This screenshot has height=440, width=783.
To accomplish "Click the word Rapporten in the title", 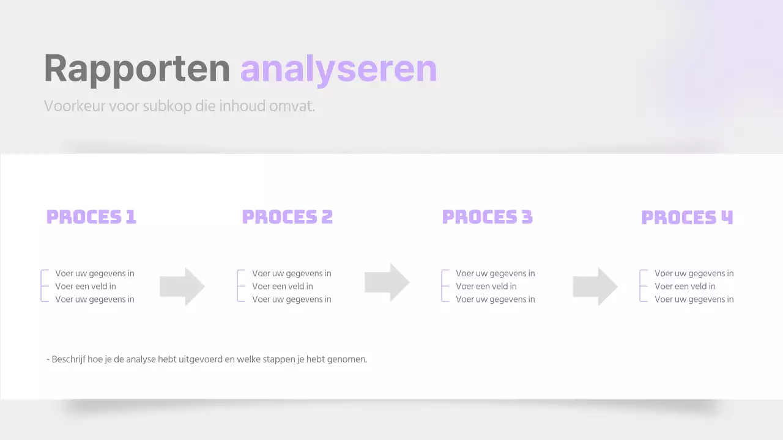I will (136, 68).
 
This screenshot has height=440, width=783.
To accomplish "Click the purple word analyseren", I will (338, 68).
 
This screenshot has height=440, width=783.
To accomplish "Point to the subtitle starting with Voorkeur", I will (179, 106).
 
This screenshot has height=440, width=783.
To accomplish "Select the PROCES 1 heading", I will (91, 217).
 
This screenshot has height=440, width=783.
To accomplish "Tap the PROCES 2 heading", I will (287, 217).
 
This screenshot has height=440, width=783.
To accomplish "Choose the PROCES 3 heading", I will (487, 217).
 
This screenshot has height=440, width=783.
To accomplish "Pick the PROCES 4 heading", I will (686, 218).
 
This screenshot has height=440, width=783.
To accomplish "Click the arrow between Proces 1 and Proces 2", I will (182, 286).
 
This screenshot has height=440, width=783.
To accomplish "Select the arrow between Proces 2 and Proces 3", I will (387, 282).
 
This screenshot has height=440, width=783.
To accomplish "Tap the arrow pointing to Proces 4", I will (595, 286).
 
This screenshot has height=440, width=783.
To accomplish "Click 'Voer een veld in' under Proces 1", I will (86, 286).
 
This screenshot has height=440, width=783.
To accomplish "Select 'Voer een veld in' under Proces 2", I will (283, 286).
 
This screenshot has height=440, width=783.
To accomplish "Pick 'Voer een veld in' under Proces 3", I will (486, 286).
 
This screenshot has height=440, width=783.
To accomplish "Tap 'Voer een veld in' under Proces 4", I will (685, 286).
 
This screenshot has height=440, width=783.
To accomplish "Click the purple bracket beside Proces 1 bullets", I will (42, 286).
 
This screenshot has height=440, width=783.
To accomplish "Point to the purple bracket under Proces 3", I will (443, 286).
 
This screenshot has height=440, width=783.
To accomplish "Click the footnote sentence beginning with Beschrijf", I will (207, 359).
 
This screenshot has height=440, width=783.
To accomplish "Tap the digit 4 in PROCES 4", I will (726, 218).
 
